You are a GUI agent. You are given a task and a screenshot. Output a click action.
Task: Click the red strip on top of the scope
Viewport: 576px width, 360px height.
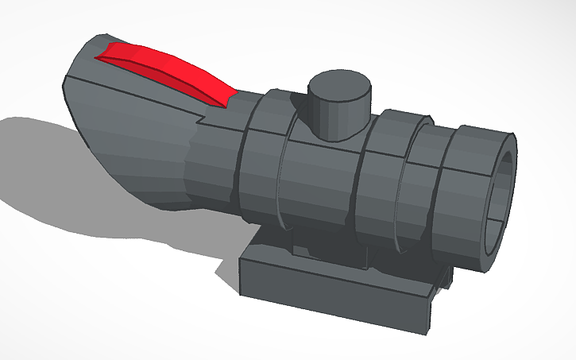tap(167, 69)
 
